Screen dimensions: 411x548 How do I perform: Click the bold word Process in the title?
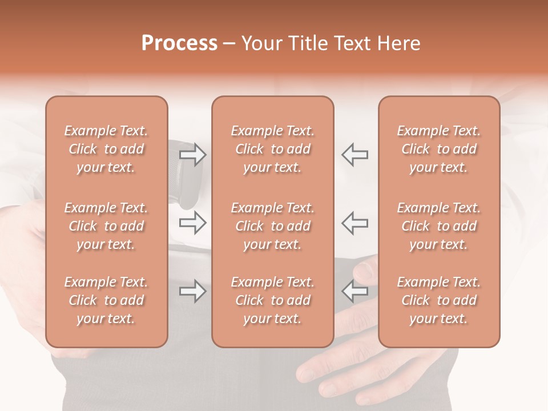click(x=179, y=43)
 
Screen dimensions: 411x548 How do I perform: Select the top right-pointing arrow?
click(x=192, y=155)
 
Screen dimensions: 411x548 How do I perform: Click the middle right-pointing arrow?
click(x=192, y=222)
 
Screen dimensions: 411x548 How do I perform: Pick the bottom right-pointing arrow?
click(x=192, y=291)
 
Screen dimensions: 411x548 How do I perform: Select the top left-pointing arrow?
click(x=355, y=155)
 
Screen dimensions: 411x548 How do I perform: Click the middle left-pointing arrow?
click(x=355, y=222)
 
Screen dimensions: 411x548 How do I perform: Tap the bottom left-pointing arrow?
click(x=355, y=291)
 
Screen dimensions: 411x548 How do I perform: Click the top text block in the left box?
click(x=106, y=149)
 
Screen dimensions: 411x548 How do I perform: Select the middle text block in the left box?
click(x=106, y=226)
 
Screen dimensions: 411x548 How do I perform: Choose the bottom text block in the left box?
click(x=106, y=300)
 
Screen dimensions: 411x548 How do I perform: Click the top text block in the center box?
click(x=273, y=149)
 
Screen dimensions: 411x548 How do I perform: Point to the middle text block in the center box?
click(x=273, y=226)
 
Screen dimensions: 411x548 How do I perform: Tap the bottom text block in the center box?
click(x=273, y=300)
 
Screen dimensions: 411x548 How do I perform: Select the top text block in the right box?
click(x=439, y=149)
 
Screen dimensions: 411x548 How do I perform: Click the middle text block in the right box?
click(x=439, y=226)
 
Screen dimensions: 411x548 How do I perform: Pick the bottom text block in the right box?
click(x=439, y=300)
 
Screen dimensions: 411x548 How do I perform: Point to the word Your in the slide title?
click(x=260, y=43)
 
